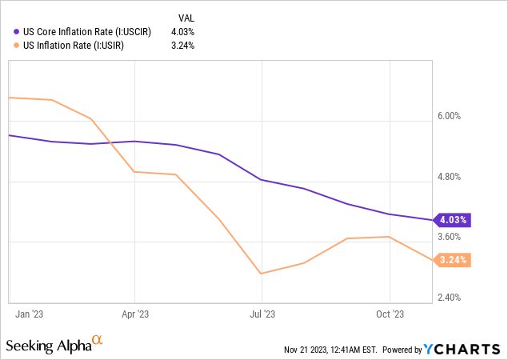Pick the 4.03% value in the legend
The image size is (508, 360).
182,31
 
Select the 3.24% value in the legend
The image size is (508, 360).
182,45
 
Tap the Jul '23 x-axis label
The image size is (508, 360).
262,314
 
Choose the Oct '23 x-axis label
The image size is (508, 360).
390,314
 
